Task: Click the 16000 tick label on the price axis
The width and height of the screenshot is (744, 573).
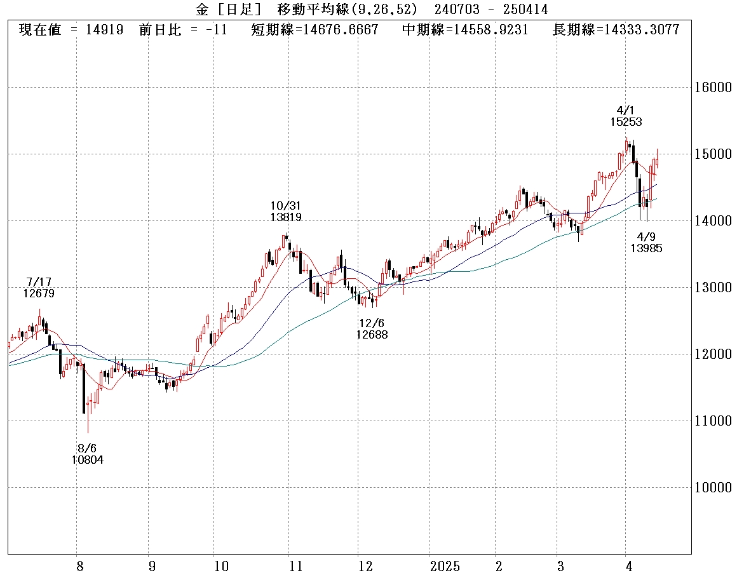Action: pyautogui.click(x=715, y=87)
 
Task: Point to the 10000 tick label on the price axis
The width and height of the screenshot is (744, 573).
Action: pyautogui.click(x=715, y=487)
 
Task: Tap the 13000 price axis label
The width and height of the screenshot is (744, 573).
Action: pyautogui.click(x=715, y=287)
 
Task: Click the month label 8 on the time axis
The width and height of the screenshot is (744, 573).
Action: pyautogui.click(x=79, y=565)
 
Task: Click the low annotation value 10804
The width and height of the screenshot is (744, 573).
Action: pyautogui.click(x=88, y=460)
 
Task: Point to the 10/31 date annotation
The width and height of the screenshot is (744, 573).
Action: pyautogui.click(x=286, y=206)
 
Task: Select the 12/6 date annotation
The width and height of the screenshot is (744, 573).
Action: pyautogui.click(x=372, y=323)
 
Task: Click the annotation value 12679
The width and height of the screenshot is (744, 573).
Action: pyautogui.click(x=39, y=293)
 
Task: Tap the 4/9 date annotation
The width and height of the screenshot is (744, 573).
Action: pyautogui.click(x=646, y=237)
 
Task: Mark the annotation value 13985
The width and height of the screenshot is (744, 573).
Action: pyautogui.click(x=646, y=248)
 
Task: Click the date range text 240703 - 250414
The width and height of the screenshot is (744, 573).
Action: pyautogui.click(x=491, y=9)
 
